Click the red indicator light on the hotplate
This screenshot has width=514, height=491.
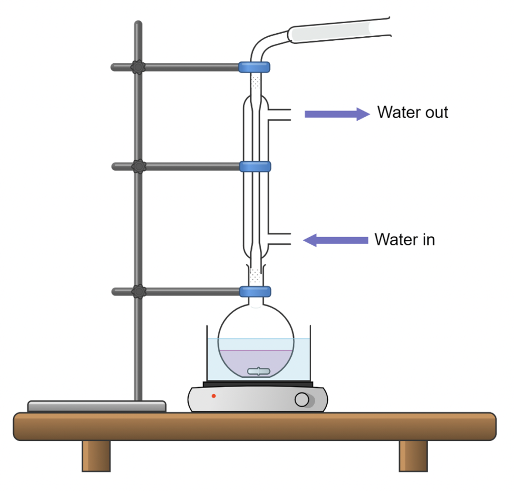coord(213,396)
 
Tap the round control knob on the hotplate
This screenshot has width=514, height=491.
coord(302,400)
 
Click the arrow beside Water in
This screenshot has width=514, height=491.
coord(336,240)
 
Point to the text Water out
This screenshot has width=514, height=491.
coord(413,112)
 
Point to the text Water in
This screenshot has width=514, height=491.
coord(405,240)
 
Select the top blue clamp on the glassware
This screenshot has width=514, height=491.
coord(254,66)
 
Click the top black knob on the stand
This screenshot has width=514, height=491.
coord(138,67)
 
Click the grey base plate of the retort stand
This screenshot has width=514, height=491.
coord(96,406)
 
